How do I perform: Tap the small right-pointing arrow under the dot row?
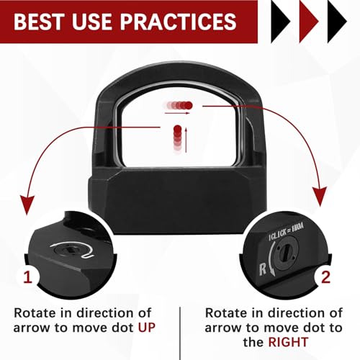click(178, 113)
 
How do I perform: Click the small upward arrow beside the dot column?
click(186, 138)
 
